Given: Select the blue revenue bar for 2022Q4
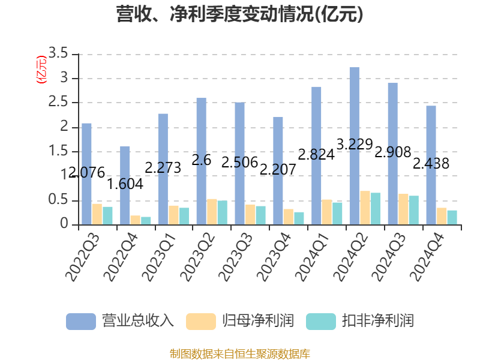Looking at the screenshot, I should pyautogui.click(x=125, y=185).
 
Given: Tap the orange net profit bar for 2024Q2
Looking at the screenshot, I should pyautogui.click(x=365, y=208).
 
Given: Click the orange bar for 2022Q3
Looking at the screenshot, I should pyautogui.click(x=97, y=214).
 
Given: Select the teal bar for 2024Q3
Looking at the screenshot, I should pyautogui.click(x=414, y=210).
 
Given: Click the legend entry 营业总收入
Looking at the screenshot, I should pyautogui.click(x=120, y=321).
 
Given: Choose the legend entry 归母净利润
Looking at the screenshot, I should pyautogui.click(x=240, y=321).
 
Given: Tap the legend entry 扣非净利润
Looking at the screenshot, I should pyautogui.click(x=360, y=321).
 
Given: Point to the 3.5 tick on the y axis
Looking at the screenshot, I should pyautogui.click(x=58, y=54).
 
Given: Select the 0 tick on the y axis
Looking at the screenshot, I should pyautogui.click(x=64, y=224).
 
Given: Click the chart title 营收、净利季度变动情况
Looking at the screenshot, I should pyautogui.click(x=240, y=14).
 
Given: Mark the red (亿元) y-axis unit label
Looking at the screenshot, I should pyautogui.click(x=41, y=70).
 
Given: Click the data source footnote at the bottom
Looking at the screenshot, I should pyautogui.click(x=240, y=353).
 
